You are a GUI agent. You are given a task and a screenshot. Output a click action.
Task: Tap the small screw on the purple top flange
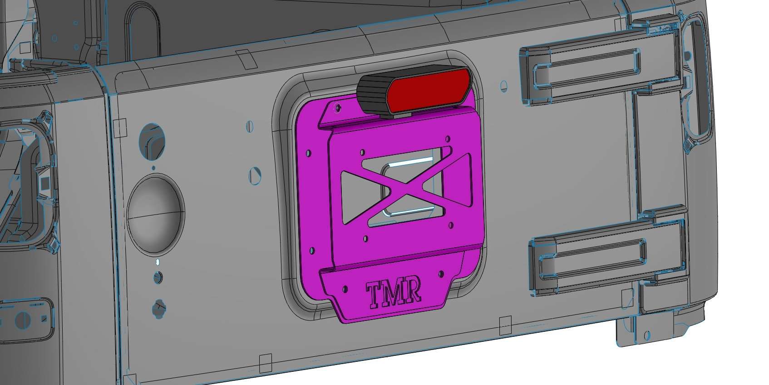336,107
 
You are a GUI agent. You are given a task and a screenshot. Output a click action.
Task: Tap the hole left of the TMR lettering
346,289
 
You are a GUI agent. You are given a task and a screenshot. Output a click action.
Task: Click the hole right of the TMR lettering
441,275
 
